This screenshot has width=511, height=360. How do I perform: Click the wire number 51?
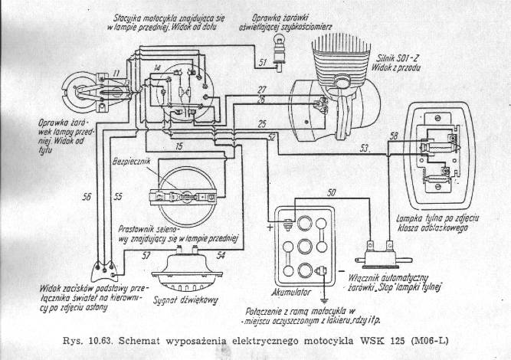click(262, 61)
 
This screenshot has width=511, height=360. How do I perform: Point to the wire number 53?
click(365, 146)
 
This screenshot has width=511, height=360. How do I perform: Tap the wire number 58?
click(394, 136)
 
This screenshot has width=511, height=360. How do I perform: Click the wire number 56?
click(87, 197)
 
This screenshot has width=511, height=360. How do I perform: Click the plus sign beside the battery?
click(271, 227)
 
